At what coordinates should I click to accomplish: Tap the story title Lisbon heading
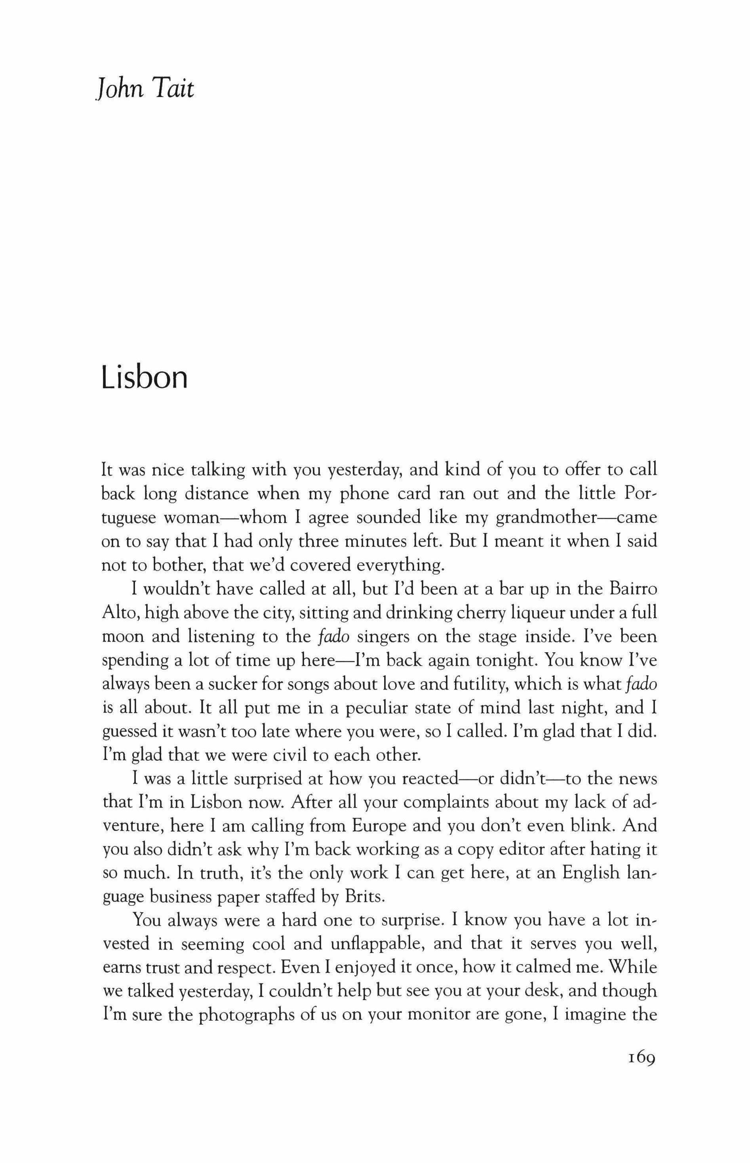tap(144, 378)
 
